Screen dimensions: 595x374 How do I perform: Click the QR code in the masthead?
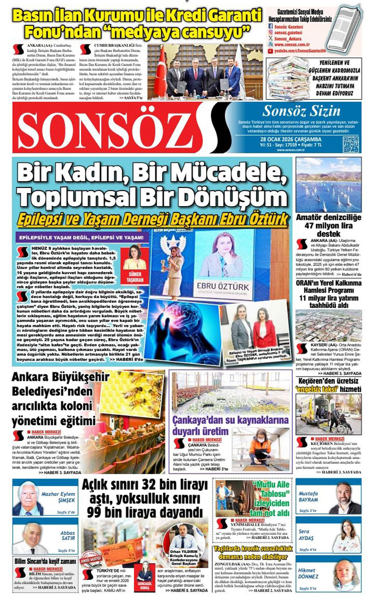click(x=351, y=144)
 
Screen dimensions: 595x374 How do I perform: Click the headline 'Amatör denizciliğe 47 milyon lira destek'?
click(x=328, y=225)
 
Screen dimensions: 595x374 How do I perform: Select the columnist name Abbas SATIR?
click(x=68, y=535)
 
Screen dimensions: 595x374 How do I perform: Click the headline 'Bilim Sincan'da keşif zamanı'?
click(x=39, y=560)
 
